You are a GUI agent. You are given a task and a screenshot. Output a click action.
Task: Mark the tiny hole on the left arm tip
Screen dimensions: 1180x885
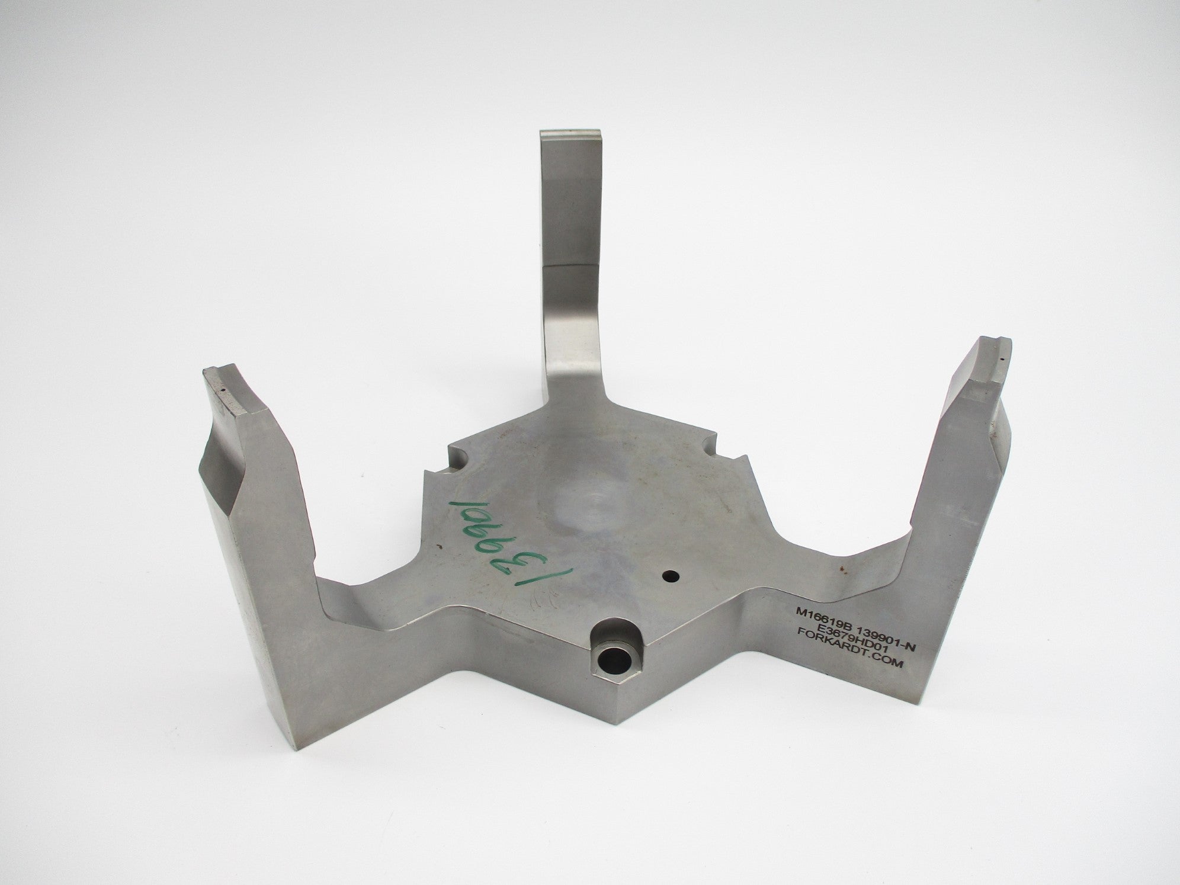224,390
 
